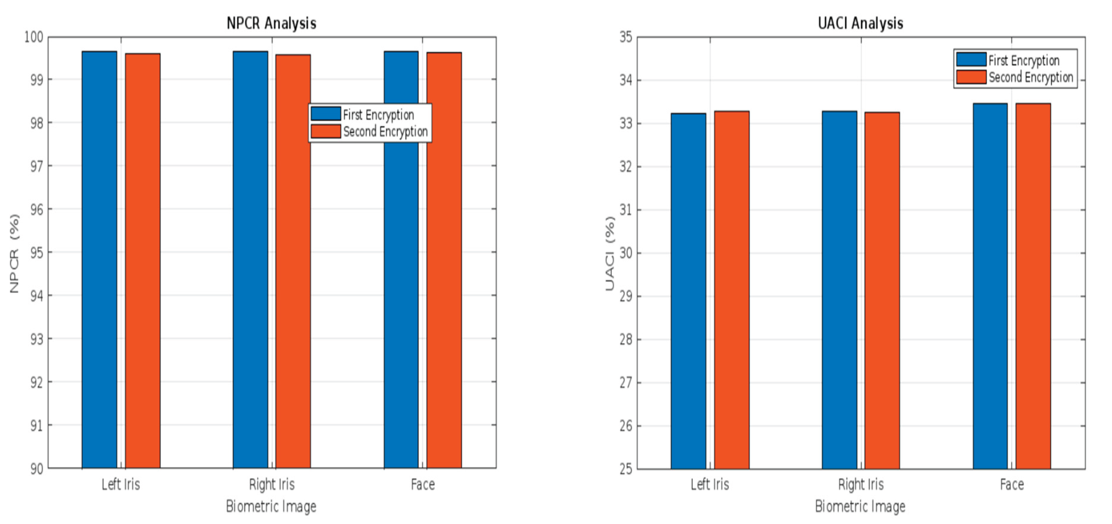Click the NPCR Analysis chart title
[x=271, y=23]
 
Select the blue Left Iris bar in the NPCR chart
[x=99, y=259]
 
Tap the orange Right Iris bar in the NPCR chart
[x=293, y=261]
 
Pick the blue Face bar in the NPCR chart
[x=401, y=259]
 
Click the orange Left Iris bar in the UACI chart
[x=732, y=290]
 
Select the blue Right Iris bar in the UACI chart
[x=839, y=290]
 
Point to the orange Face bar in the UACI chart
[x=1033, y=286]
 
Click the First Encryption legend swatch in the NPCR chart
[x=326, y=114]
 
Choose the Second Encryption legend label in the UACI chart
[x=1031, y=77]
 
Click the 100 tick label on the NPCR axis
[x=34, y=37]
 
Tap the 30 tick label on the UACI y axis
[x=626, y=253]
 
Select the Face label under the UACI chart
[x=1012, y=484]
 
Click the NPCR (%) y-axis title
[x=14, y=253]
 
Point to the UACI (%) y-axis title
[x=610, y=253]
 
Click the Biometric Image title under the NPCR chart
[x=271, y=506]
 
